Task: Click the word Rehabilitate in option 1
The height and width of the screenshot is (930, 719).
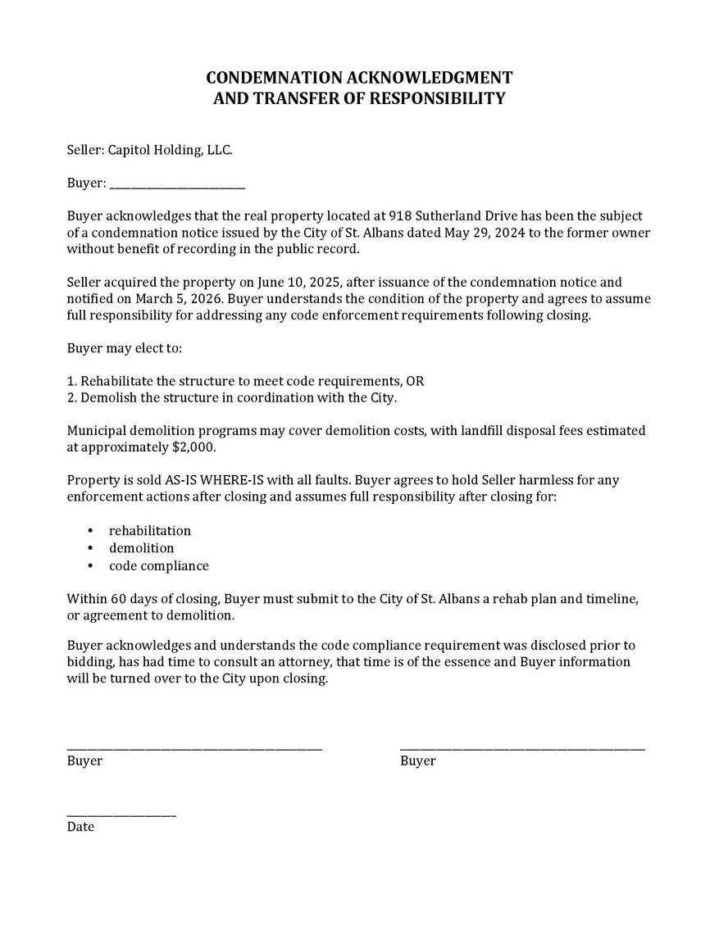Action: pyautogui.click(x=115, y=381)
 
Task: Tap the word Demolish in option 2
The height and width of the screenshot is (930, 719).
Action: pyautogui.click(x=107, y=397)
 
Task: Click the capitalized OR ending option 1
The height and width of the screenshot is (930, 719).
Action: pyautogui.click(x=416, y=381)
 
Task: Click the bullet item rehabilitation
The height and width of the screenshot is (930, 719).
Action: pyautogui.click(x=150, y=531)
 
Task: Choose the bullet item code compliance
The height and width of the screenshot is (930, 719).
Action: pyautogui.click(x=159, y=565)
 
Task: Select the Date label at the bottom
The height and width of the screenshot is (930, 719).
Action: pyautogui.click(x=80, y=827)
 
